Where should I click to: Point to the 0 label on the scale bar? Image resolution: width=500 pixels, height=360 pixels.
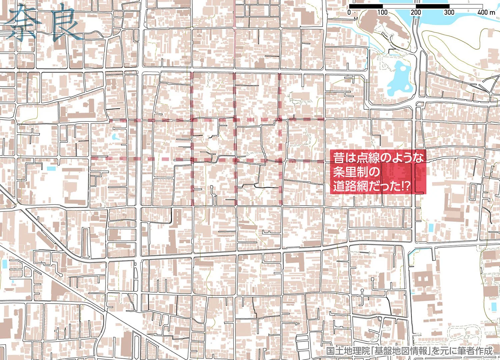(349, 12)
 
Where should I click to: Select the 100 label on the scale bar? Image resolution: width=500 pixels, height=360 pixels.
(382, 12)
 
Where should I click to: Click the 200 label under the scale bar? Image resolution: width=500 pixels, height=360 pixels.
(416, 12)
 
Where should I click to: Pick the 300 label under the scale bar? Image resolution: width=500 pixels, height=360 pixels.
(449, 12)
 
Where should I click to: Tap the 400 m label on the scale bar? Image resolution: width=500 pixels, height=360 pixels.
(486, 12)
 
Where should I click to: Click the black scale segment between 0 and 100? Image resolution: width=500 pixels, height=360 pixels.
(366, 6)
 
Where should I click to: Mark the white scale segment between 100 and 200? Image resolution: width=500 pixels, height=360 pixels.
(399, 6)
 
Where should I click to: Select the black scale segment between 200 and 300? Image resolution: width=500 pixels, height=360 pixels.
(432, 6)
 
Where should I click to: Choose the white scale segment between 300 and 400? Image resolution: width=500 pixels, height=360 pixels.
(466, 6)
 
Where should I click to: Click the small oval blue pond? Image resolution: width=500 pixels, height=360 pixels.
(115, 137)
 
